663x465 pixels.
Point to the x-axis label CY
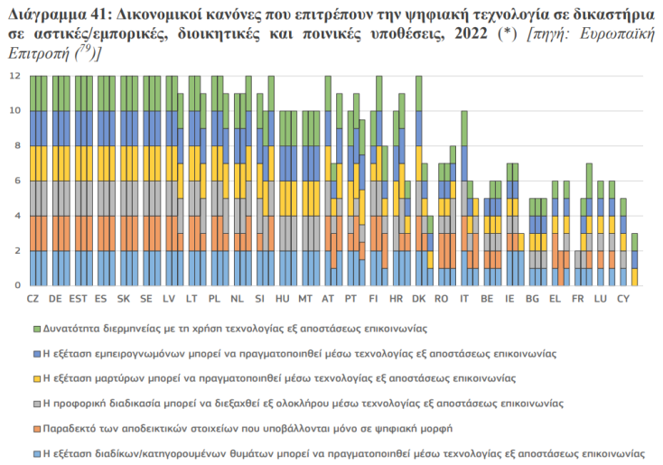(x=621, y=298)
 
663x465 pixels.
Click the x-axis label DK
(x=418, y=298)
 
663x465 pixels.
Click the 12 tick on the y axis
(x=14, y=76)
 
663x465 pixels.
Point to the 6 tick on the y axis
(x=16, y=181)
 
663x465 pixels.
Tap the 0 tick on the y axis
(x=16, y=285)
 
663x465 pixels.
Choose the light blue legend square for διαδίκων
(x=37, y=453)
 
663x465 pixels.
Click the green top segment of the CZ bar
(x=38, y=93)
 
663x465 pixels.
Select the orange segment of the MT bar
(x=310, y=233)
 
